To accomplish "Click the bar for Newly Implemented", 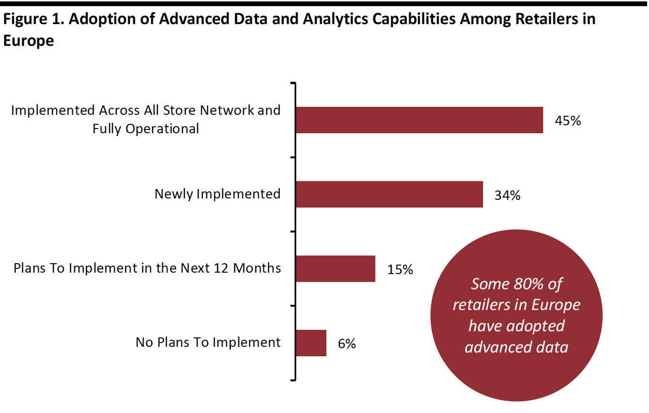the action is tap(389, 195).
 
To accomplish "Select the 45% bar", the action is tap(420, 120).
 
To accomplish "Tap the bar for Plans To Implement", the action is tap(335, 269).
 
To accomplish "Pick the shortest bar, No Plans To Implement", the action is tap(311, 343).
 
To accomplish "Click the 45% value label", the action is tap(568, 120).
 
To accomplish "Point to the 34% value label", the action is tap(507, 195).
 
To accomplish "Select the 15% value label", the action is tap(400, 270).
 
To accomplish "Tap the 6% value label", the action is tap(347, 344).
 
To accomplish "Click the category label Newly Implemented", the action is tap(218, 194).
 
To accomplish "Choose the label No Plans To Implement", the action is tap(208, 343).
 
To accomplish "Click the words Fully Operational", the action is tap(146, 129).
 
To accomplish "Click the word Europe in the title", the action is tap(28, 41).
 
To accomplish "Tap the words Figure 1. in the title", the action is tap(33, 19).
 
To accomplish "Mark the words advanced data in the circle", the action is tap(517, 347).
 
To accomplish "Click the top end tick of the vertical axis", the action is tap(293, 83).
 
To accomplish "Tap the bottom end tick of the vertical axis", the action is tap(293, 380).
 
